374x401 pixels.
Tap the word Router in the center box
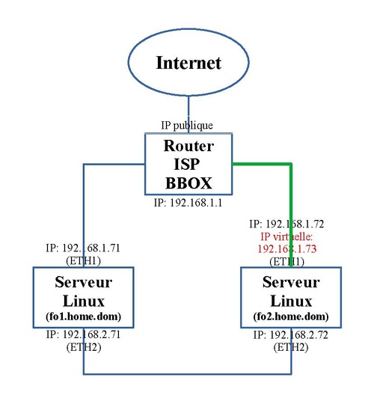click(x=188, y=146)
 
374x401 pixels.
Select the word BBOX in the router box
click(x=188, y=183)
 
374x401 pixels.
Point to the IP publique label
click(x=187, y=126)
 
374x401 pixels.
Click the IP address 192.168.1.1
click(x=188, y=203)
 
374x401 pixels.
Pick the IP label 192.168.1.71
click(x=83, y=248)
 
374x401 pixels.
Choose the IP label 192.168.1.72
click(x=286, y=224)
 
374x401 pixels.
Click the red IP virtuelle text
click(x=286, y=237)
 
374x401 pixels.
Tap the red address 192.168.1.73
click(x=286, y=249)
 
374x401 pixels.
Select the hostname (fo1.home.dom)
click(x=83, y=316)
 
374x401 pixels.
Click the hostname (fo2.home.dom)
click(x=291, y=316)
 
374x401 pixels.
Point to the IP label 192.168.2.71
click(x=83, y=334)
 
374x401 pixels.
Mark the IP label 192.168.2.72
click(x=291, y=334)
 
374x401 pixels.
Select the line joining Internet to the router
click(x=188, y=114)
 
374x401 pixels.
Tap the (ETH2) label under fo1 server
click(x=84, y=347)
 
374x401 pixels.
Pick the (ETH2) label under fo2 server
click(x=291, y=347)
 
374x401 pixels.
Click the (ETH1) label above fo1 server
click(x=83, y=261)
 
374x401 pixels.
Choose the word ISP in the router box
click(x=187, y=164)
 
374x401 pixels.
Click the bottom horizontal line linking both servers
click(x=188, y=374)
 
